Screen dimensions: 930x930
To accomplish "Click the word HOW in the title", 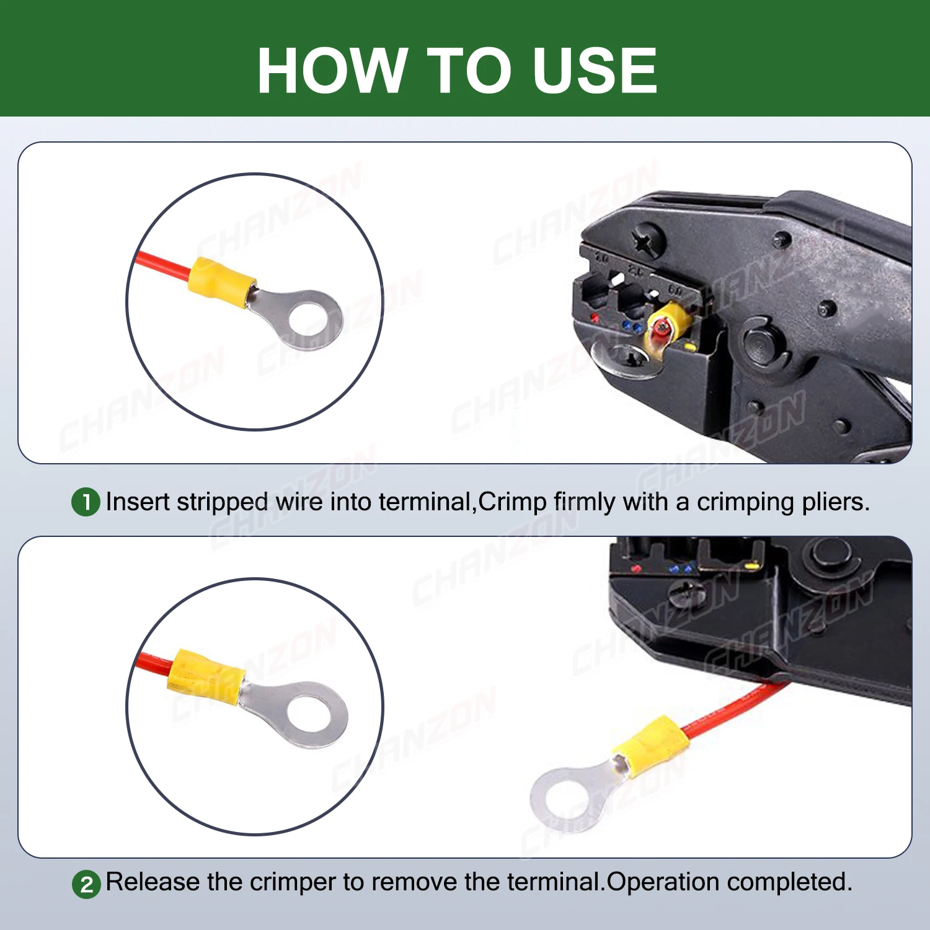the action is [x=332, y=71].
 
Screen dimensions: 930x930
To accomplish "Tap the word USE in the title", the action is [x=595, y=71].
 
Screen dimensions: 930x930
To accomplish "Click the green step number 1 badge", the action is [x=86, y=502].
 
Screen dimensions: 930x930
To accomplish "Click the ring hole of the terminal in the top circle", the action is [x=311, y=320].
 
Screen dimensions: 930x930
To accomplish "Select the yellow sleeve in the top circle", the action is [x=222, y=283].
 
